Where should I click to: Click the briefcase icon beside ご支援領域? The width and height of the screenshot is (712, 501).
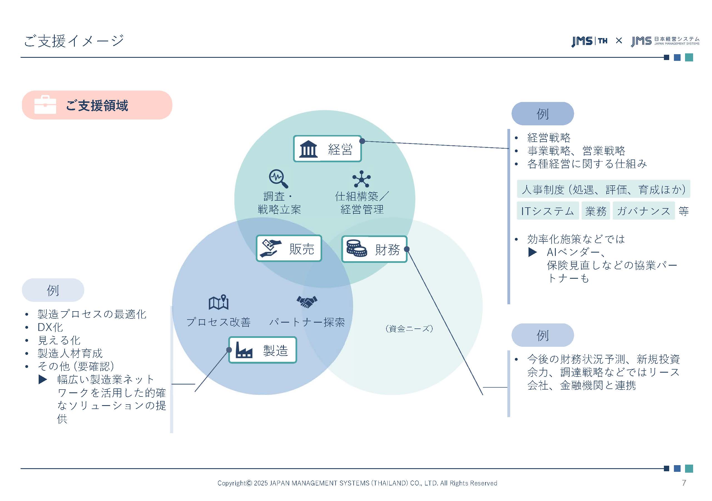tap(45, 105)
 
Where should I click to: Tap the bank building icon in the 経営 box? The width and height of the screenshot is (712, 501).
tap(308, 149)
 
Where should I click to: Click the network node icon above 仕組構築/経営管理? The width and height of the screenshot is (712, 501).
tap(361, 179)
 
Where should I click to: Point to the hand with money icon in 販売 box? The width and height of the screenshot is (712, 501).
tap(271, 248)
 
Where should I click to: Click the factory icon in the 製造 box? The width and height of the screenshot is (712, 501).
tap(244, 350)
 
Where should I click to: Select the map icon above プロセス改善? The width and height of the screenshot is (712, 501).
tap(219, 302)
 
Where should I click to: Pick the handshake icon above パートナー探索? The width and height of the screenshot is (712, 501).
tap(307, 301)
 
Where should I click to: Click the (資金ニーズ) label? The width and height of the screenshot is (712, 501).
tap(409, 329)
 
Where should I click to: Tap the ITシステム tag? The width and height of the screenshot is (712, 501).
tap(547, 211)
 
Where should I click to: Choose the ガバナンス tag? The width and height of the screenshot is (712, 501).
tap(643, 211)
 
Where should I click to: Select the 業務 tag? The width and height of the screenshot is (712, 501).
tap(596, 211)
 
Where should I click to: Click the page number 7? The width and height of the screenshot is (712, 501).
tap(684, 483)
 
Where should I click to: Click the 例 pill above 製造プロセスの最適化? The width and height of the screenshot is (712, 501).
tap(53, 290)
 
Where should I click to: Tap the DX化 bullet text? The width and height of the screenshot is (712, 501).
tap(50, 327)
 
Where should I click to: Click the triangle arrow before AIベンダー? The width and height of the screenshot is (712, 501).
tap(532, 252)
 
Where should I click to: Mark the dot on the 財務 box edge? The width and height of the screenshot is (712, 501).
tap(407, 249)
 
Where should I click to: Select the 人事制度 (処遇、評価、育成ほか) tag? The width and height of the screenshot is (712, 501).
tap(603, 189)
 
